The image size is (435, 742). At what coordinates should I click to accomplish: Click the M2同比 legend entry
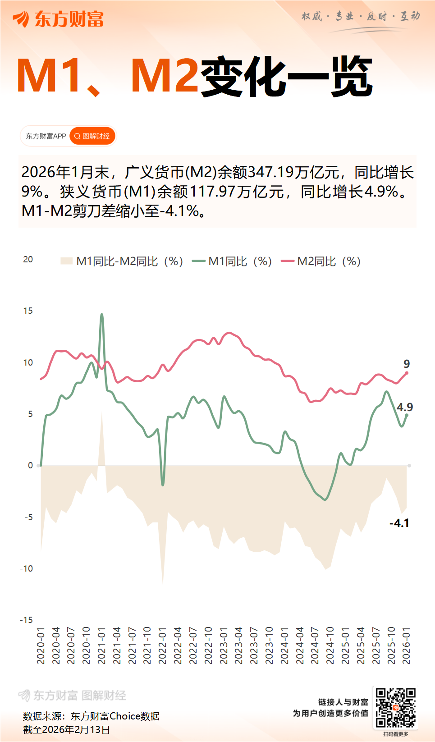click(x=321, y=261)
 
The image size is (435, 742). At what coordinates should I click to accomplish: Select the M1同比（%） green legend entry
click(x=232, y=261)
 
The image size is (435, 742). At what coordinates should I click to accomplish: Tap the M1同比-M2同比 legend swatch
click(x=67, y=261)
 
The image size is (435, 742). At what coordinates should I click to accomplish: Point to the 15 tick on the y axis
click(x=28, y=311)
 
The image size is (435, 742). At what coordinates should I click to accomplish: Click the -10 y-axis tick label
click(x=27, y=568)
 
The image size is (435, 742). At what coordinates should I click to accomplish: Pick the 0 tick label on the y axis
click(x=30, y=465)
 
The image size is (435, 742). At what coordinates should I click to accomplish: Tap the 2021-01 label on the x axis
click(x=101, y=645)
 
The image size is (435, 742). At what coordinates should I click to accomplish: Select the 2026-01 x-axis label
click(x=407, y=645)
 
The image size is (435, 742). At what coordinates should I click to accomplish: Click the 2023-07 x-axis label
click(x=254, y=645)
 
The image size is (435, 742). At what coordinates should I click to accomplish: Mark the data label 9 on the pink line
click(x=407, y=364)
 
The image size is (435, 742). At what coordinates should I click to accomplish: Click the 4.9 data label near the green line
click(x=404, y=407)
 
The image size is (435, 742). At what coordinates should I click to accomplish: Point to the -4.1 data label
click(x=399, y=523)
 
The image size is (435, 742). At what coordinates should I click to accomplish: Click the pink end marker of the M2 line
click(x=407, y=373)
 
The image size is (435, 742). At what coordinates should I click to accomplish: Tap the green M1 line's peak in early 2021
click(x=102, y=315)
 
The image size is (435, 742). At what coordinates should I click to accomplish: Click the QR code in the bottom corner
click(x=395, y=707)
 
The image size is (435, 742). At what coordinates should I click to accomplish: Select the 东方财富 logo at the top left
click(x=59, y=19)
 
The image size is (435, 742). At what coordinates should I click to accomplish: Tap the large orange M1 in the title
click(x=49, y=76)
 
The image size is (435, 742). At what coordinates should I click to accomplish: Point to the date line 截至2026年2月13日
click(x=67, y=729)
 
